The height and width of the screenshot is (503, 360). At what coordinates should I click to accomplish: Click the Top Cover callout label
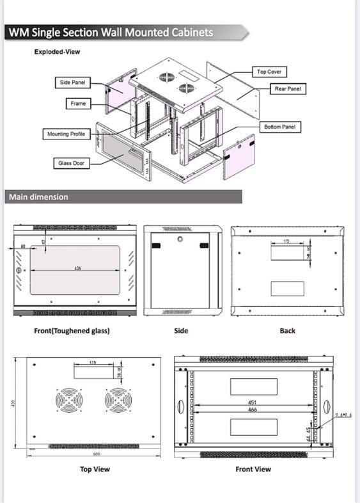[269, 72]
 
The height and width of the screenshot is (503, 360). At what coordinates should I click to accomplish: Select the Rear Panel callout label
[287, 89]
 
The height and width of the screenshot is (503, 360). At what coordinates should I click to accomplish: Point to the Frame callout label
[78, 103]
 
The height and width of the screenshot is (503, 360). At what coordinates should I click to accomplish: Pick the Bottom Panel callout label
[280, 127]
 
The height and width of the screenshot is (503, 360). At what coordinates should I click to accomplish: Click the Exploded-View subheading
[57, 52]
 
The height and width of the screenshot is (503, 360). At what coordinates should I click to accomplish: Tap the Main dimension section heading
[38, 197]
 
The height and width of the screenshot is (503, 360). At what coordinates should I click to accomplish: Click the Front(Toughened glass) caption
[72, 331]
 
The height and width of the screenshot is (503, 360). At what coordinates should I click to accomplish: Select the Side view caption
[181, 331]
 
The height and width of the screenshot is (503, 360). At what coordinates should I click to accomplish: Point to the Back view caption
[287, 331]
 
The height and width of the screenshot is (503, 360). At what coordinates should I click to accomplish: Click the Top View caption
[95, 469]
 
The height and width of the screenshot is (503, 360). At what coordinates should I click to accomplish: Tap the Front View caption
[253, 469]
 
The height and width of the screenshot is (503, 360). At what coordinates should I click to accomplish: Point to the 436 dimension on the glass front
[77, 269]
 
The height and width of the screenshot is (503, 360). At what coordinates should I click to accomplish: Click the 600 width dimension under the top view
[97, 454]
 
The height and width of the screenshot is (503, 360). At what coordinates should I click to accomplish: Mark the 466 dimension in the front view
[253, 410]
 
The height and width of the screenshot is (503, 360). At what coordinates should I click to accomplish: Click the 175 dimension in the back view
[287, 241]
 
